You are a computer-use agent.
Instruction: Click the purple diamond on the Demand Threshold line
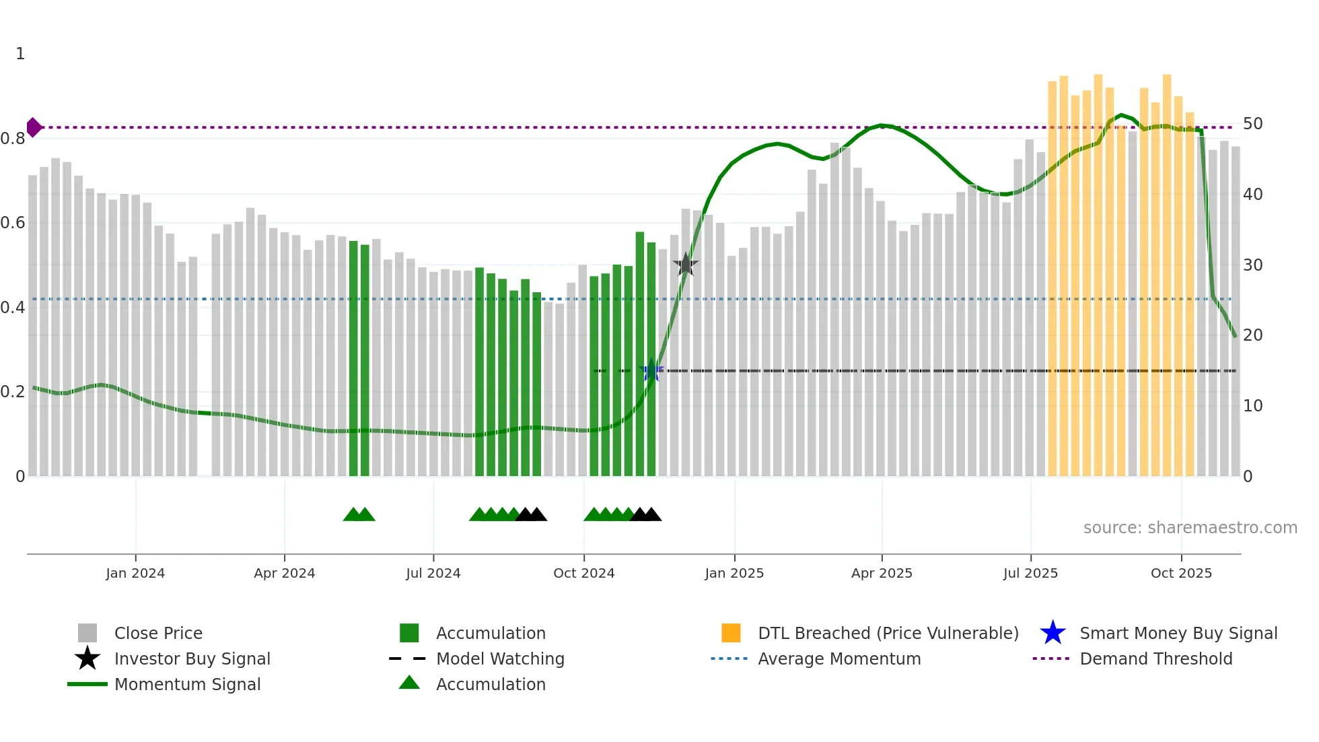(34, 127)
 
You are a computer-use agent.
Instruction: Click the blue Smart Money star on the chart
(651, 370)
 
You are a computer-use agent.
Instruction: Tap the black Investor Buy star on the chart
(685, 265)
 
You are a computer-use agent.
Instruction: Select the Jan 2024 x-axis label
(135, 573)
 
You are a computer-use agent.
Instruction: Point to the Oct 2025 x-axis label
(1181, 573)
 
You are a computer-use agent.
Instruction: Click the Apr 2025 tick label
(882, 573)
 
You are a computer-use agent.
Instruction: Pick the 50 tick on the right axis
(1252, 124)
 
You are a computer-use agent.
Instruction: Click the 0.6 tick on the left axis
(13, 223)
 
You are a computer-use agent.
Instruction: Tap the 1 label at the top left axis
(20, 54)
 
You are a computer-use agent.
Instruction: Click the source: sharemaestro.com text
(1190, 528)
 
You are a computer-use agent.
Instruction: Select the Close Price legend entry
(158, 633)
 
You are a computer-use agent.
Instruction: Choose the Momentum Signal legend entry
(187, 684)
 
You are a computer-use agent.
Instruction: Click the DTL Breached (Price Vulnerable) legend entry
(888, 633)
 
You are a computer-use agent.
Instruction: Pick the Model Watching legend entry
(500, 659)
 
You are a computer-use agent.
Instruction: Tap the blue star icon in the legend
(1053, 633)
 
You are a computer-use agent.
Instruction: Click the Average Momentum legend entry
(839, 659)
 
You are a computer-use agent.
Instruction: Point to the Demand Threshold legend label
(1155, 659)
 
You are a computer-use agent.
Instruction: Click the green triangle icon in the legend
(409, 683)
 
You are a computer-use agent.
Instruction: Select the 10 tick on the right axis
(1252, 406)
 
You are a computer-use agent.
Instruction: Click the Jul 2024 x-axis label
(433, 573)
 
